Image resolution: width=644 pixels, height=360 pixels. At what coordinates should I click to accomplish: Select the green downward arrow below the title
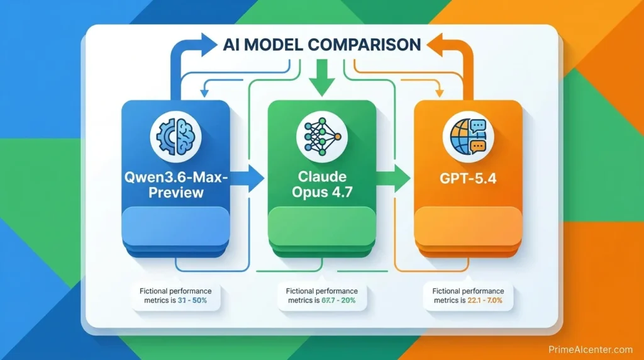(321, 78)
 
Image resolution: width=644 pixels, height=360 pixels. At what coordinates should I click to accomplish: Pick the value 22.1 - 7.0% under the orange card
(484, 301)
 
